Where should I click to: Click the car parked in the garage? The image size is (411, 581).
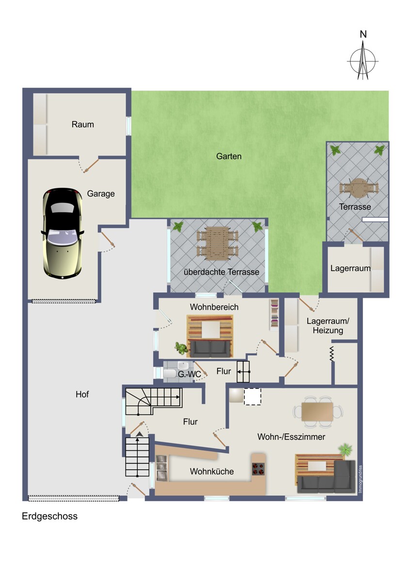click(62, 234)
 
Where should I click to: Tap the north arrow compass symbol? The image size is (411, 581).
click(363, 61)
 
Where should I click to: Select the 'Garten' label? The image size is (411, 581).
click(229, 156)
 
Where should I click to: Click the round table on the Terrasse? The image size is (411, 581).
click(359, 188)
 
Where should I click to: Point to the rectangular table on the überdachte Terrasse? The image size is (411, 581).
click(217, 243)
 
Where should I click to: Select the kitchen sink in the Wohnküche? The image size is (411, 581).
click(162, 468)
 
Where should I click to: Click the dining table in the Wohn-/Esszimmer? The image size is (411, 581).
click(317, 412)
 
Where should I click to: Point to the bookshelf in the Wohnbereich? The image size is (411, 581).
click(274, 315)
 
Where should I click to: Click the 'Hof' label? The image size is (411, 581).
click(82, 394)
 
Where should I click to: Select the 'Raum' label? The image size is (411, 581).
click(82, 124)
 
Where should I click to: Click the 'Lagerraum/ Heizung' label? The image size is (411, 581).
click(328, 325)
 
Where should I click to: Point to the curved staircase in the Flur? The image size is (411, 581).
click(154, 401)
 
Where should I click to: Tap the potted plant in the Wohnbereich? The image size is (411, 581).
click(181, 348)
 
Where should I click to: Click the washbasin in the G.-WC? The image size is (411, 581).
click(183, 366)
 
